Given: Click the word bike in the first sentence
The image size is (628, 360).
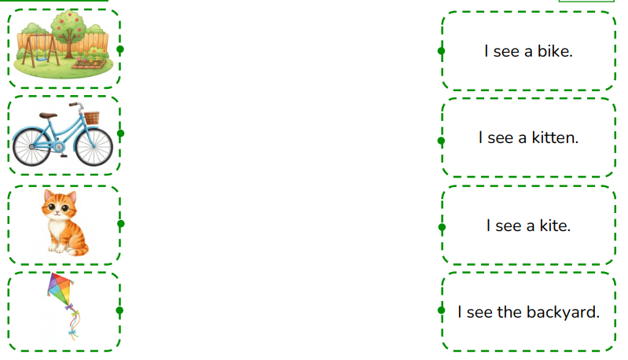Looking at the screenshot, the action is pyautogui.click(x=555, y=51).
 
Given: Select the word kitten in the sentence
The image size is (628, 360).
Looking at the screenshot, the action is pyautogui.click(x=555, y=138).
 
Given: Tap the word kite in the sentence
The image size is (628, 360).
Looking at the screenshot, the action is pyautogui.click(x=555, y=226).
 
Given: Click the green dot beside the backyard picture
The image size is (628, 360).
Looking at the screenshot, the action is pyautogui.click(x=120, y=50).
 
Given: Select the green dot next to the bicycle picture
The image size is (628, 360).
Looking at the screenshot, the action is pyautogui.click(x=120, y=134).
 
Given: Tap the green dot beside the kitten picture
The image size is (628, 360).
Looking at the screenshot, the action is pyautogui.click(x=120, y=224).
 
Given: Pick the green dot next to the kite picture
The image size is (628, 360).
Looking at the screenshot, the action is pyautogui.click(x=119, y=310).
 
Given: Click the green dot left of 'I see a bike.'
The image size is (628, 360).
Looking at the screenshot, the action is pyautogui.click(x=442, y=51).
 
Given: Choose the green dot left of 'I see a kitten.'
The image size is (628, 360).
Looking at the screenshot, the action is pyautogui.click(x=442, y=141).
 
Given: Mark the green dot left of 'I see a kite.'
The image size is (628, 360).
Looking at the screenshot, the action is pyautogui.click(x=443, y=227).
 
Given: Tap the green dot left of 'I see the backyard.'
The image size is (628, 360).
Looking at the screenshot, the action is pyautogui.click(x=442, y=310).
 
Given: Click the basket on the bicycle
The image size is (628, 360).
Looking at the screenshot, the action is pyautogui.click(x=92, y=118).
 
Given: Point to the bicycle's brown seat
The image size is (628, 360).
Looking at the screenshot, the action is pyautogui.click(x=48, y=116).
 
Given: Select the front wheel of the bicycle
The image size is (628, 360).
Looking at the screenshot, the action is pyautogui.click(x=94, y=146).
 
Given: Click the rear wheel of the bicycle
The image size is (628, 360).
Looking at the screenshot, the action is pyautogui.click(x=31, y=147).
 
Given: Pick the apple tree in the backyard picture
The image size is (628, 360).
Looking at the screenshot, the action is pyautogui.click(x=69, y=33).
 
